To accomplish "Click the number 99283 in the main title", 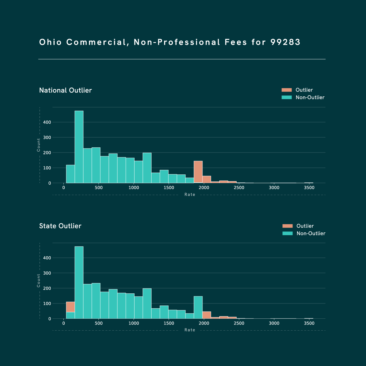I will click(285, 42).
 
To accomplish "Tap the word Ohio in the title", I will click(50, 42).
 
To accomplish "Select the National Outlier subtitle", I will click(66, 90).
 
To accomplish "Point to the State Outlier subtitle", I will click(60, 226).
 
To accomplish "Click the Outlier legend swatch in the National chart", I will click(287, 90).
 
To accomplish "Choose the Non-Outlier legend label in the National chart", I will click(310, 98).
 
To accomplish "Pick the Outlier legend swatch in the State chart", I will click(288, 226).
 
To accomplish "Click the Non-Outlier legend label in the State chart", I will click(311, 234).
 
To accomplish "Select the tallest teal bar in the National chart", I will click(79, 146).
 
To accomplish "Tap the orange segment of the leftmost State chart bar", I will click(70, 307).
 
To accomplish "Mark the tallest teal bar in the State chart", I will click(79, 282).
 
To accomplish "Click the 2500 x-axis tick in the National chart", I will click(239, 188).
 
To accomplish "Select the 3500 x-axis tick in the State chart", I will click(309, 323).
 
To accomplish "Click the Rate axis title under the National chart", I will click(190, 195).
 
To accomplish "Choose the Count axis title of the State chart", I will click(39, 281).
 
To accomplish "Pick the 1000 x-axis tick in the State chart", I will click(134, 323).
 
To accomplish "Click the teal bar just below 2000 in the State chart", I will click(198, 307).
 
